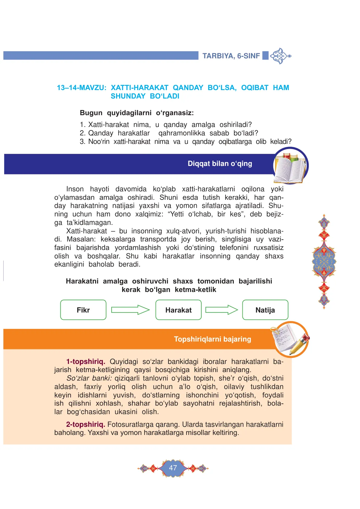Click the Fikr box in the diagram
click(x=83, y=310)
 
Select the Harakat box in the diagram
click(x=178, y=310)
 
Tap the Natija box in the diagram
click(x=265, y=310)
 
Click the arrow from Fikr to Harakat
click(x=130, y=310)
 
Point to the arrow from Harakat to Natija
click(x=222, y=310)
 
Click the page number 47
click(x=173, y=468)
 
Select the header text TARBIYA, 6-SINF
click(x=231, y=56)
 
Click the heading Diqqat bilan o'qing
click(x=220, y=164)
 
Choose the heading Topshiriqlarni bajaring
click(x=212, y=339)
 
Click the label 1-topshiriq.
click(x=86, y=361)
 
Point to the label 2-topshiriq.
click(x=86, y=424)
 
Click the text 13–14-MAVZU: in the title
click(x=82, y=88)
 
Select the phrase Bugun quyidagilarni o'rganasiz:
click(x=137, y=113)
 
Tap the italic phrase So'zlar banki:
click(x=89, y=378)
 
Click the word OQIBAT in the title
click(x=255, y=88)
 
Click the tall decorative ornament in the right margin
click(x=324, y=261)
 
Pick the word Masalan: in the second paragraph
click(x=81, y=239)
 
